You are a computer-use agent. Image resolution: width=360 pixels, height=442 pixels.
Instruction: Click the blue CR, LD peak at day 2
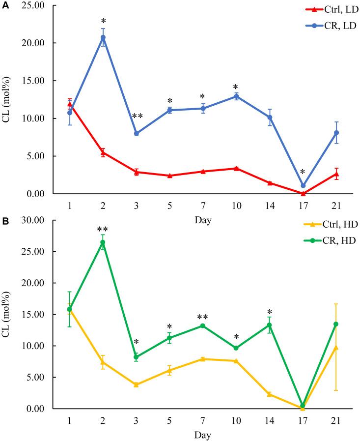[103, 37]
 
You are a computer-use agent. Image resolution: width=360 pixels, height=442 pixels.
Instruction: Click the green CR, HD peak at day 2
[103, 242]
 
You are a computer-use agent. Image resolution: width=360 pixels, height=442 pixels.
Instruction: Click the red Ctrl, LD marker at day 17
[303, 193]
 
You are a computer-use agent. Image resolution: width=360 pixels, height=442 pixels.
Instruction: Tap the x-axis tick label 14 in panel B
[270, 420]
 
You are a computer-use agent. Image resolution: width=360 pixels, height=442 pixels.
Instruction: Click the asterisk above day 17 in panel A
[303, 172]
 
